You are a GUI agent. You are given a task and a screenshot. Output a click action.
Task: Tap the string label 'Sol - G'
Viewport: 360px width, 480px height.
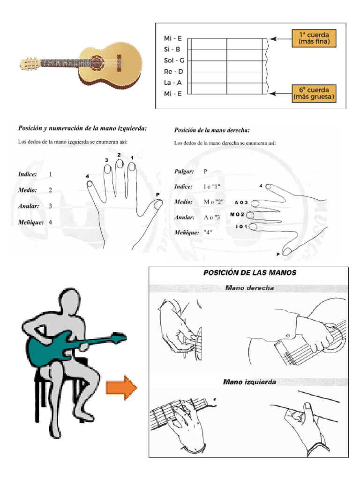(x=173, y=60)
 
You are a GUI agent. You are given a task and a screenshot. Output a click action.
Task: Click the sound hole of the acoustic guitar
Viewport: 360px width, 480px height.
(x=97, y=62)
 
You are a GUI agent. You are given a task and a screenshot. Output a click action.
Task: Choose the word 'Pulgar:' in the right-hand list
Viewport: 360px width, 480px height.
(x=183, y=171)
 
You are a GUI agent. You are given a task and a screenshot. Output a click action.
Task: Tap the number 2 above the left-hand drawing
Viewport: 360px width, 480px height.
(x=119, y=155)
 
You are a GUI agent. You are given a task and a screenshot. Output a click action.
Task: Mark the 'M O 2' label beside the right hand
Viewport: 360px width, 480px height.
(x=237, y=215)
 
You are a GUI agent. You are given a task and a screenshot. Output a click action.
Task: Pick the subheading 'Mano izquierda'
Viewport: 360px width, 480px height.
(x=249, y=382)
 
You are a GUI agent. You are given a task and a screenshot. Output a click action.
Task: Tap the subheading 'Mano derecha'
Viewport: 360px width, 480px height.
(x=249, y=288)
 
